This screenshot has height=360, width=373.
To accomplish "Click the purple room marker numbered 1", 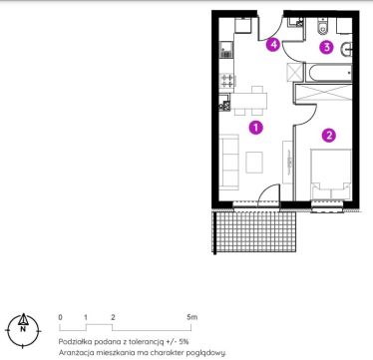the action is [x=255, y=128].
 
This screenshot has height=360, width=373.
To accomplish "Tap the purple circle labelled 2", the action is [x=329, y=136].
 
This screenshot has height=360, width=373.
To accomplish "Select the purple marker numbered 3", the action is [x=326, y=47].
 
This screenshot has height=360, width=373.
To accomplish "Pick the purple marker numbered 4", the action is [x=273, y=45].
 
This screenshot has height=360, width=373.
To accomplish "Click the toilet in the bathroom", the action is [x=323, y=27].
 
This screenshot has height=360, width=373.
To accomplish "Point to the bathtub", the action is [x=329, y=73].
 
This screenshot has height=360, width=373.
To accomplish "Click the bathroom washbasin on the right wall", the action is [x=346, y=50].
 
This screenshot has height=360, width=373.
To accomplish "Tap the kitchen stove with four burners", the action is [x=227, y=81].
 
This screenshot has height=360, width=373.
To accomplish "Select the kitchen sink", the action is [x=226, y=50].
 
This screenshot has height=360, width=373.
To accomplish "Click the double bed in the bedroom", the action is [x=331, y=174].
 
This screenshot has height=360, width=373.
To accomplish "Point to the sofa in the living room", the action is [x=229, y=162].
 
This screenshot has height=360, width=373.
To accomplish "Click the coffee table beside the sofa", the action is [x=254, y=163].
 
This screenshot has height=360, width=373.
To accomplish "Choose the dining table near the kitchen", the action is [x=249, y=101].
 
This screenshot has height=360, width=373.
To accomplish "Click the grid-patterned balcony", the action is [x=255, y=231].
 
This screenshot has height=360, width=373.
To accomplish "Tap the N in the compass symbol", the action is [x=23, y=329].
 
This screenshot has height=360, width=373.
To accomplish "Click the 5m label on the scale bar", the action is [x=192, y=317].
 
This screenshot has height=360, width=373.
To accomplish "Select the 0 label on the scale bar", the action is [x=60, y=317].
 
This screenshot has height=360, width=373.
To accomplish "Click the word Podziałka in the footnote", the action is [x=75, y=341].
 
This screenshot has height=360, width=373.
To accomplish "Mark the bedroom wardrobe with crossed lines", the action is [x=323, y=93].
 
